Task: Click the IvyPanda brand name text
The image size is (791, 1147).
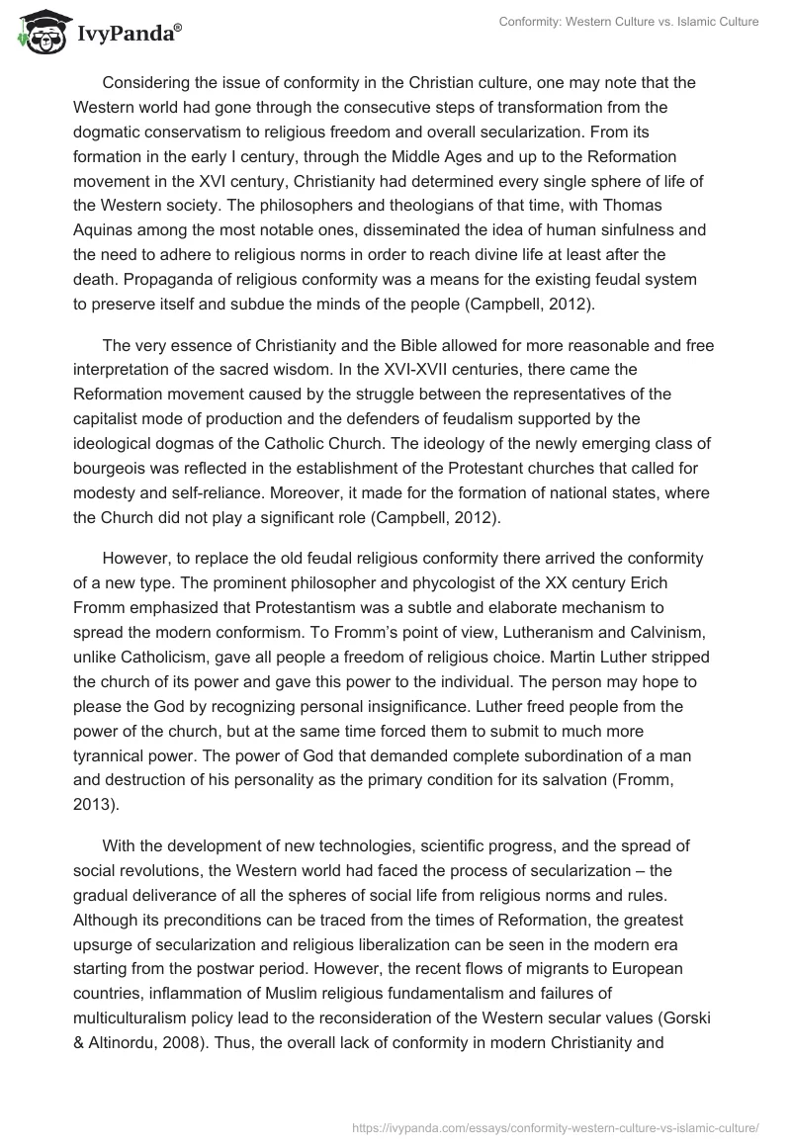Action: (x=129, y=35)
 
